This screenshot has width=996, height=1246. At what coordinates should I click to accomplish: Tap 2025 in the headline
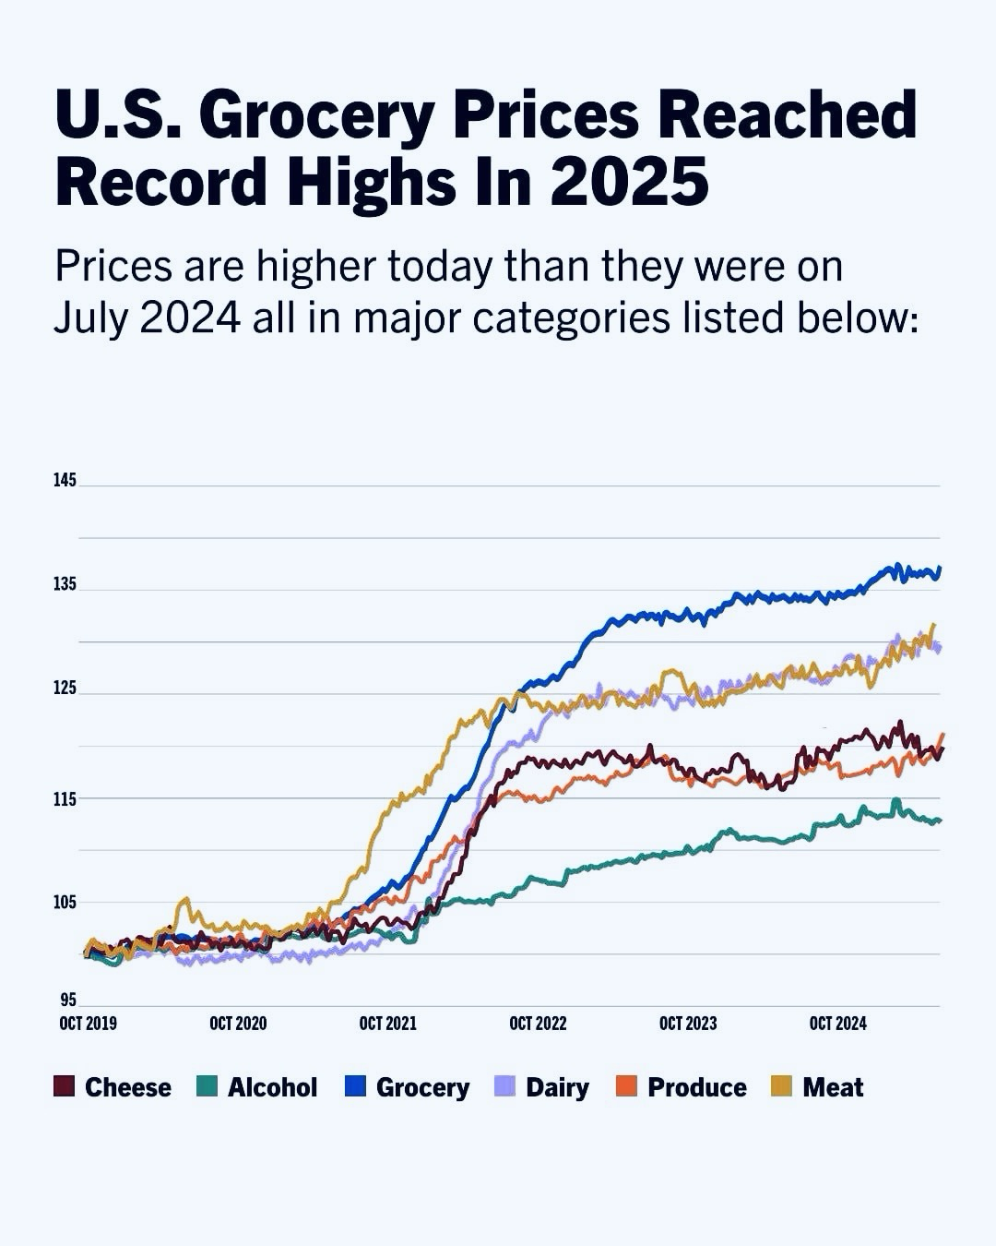630,181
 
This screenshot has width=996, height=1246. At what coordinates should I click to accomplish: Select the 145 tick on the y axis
65,481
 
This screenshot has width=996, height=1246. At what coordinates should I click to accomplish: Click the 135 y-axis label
65,585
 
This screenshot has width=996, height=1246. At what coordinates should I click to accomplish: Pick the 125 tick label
65,689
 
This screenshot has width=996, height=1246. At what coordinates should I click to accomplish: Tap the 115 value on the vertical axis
65,798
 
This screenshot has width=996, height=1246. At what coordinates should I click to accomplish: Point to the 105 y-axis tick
65,902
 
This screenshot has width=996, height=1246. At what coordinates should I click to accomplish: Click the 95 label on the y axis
68,1000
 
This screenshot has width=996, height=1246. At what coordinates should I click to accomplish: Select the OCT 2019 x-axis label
88,1024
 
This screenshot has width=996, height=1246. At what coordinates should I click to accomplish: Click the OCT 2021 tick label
387,1024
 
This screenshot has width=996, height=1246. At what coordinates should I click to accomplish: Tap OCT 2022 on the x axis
538,1024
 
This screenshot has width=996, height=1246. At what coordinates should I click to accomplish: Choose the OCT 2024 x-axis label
837,1024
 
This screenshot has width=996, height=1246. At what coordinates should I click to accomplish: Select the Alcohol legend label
272,1087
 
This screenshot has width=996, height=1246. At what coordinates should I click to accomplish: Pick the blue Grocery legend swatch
356,1086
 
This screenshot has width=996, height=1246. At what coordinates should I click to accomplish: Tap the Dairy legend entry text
557,1087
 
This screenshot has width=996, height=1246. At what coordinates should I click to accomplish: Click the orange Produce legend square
627,1086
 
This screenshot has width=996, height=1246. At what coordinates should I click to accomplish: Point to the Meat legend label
833,1087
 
